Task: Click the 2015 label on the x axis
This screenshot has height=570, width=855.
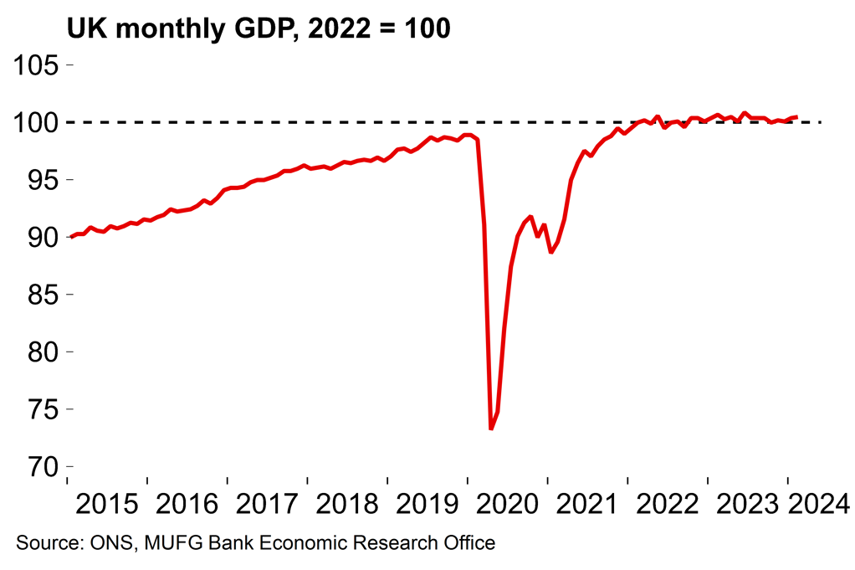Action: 107,504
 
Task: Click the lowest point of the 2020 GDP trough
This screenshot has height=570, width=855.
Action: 491,429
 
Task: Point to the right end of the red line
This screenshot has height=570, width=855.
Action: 796,117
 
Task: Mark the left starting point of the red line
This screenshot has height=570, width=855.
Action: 70,237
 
